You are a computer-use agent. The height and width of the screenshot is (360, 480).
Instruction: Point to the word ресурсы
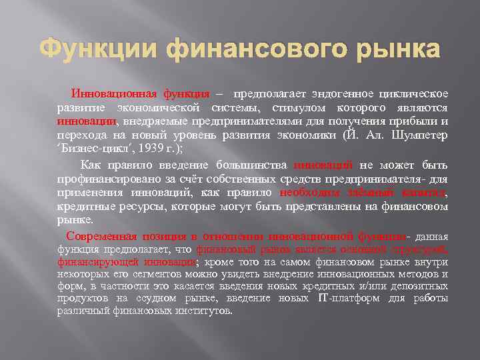pos(130,207)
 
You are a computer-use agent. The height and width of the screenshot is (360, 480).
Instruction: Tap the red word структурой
pos(419,249)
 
